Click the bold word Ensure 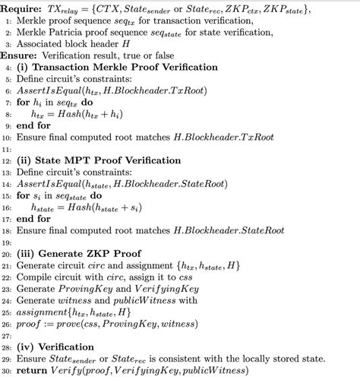click(x=24, y=55)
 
